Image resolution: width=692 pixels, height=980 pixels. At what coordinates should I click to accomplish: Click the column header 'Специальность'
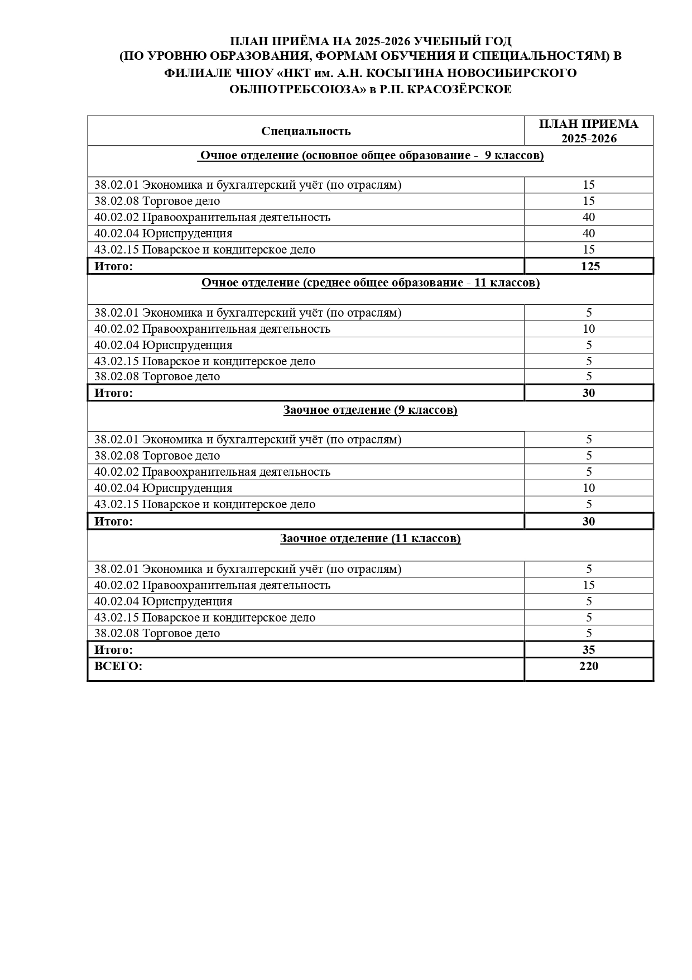[306, 131]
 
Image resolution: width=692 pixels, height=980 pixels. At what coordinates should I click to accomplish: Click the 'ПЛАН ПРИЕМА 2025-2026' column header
[589, 131]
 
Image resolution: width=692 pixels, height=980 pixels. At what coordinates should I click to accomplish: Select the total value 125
[590, 266]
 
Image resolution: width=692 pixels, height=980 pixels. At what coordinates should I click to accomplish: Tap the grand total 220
[589, 666]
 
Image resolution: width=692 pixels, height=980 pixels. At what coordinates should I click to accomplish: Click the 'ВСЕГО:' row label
[118, 666]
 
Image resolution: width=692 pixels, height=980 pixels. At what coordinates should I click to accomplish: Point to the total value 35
[589, 649]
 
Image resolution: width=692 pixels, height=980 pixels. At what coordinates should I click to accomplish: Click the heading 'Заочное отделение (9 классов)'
[370, 410]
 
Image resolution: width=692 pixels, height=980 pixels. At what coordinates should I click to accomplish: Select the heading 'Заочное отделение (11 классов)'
[370, 538]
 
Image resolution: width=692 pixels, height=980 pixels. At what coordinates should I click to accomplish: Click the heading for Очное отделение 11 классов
[370, 283]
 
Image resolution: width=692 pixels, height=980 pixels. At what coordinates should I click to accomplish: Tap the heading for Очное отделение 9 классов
[371, 155]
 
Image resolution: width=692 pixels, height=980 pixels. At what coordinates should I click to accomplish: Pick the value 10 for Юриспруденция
[589, 488]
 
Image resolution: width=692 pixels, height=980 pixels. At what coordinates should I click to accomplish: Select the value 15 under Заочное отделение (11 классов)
[589, 585]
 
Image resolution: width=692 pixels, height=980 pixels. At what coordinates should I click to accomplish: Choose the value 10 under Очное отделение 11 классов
[589, 329]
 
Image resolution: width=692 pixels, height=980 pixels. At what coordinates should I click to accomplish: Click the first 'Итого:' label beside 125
[114, 266]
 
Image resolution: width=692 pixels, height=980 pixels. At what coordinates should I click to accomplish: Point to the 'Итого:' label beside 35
[114, 650]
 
